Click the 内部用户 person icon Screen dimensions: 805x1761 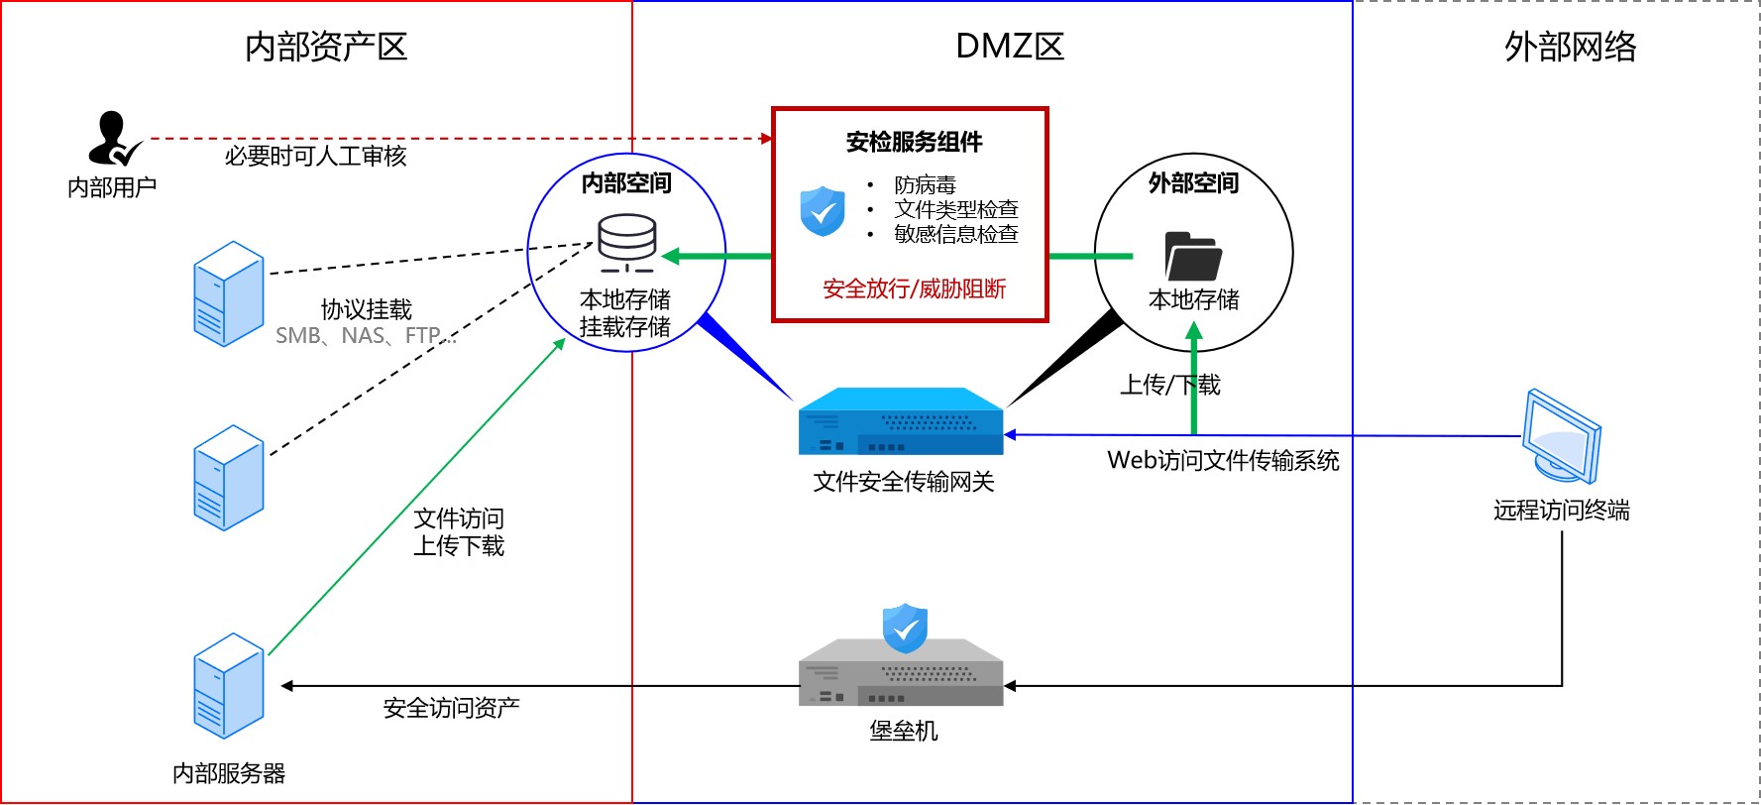point(112,138)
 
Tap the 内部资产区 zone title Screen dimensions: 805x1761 point(326,47)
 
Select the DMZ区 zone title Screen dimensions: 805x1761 point(1009,47)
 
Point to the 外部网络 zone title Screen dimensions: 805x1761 point(1570,47)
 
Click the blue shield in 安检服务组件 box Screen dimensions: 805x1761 point(823,211)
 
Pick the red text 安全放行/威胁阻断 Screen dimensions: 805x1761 point(914,288)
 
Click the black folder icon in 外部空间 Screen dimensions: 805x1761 point(1193,257)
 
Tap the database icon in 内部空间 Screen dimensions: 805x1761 point(626,243)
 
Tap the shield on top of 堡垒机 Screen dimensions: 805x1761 point(905,628)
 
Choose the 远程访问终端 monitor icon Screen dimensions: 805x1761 point(1561,437)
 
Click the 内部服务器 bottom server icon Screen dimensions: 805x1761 point(229,686)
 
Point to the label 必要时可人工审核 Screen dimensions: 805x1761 point(315,156)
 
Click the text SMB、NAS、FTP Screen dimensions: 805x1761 point(365,336)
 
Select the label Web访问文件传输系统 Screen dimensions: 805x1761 point(1223,460)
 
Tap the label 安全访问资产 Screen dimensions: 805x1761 point(451,708)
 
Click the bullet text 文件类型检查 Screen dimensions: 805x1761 point(955,209)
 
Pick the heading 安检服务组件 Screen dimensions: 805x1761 point(914,142)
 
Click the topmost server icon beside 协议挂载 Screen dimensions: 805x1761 point(229,293)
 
